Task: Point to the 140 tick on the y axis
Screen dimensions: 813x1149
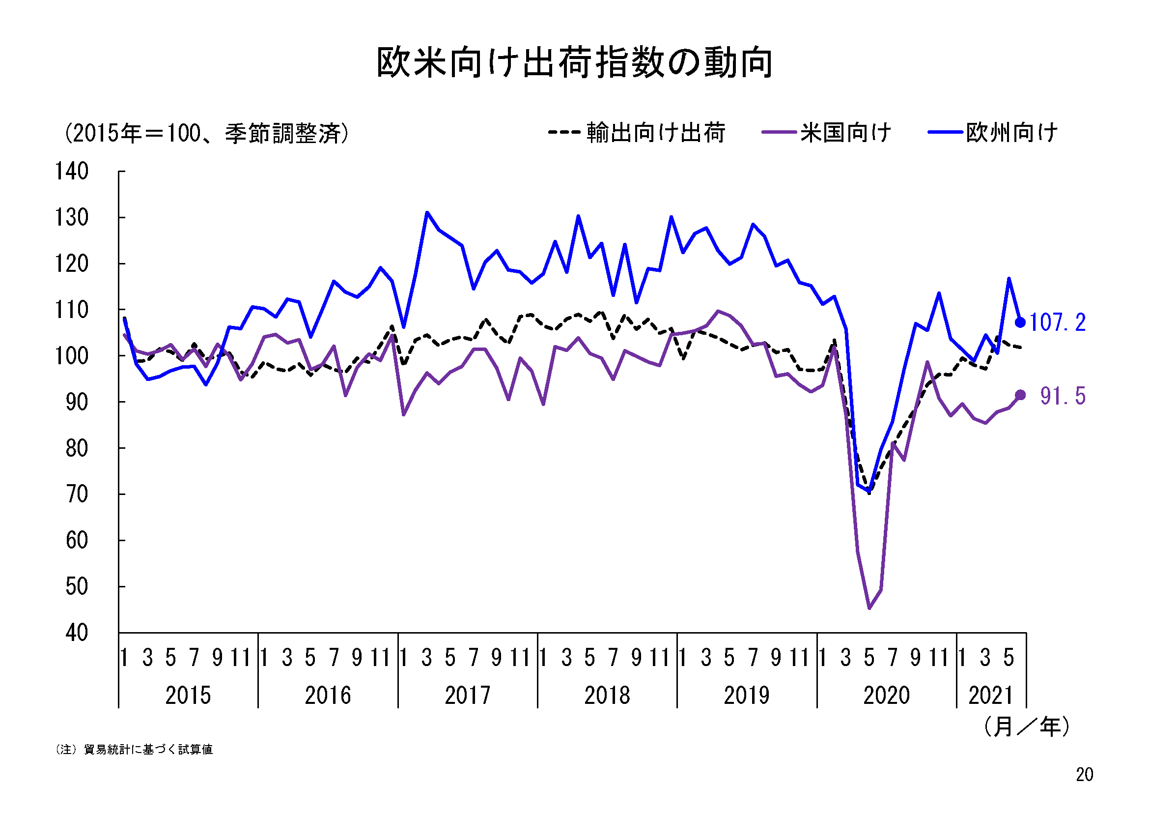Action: pyautogui.click(x=72, y=172)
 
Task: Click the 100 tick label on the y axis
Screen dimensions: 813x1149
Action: pyautogui.click(x=72, y=356)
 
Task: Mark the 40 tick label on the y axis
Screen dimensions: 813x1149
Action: pyautogui.click(x=77, y=633)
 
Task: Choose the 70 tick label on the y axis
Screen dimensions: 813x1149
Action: pyautogui.click(x=77, y=494)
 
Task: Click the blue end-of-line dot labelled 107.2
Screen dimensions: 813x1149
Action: pyautogui.click(x=1020, y=322)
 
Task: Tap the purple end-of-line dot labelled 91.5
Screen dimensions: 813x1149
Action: pyautogui.click(x=1020, y=395)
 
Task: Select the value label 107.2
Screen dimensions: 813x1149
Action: pyautogui.click(x=1058, y=322)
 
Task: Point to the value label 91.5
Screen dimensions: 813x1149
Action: pyautogui.click(x=1063, y=396)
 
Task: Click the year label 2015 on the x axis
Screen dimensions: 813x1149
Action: pyautogui.click(x=188, y=696)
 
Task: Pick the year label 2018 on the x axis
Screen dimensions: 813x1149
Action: pyautogui.click(x=607, y=696)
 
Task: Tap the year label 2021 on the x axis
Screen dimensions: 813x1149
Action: pyautogui.click(x=990, y=696)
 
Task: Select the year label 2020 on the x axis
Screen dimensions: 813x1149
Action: pyautogui.click(x=886, y=696)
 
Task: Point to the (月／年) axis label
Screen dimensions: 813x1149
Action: pyautogui.click(x=1026, y=726)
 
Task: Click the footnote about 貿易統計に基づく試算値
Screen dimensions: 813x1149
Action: pyautogui.click(x=134, y=750)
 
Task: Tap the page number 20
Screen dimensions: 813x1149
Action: pyautogui.click(x=1085, y=775)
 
